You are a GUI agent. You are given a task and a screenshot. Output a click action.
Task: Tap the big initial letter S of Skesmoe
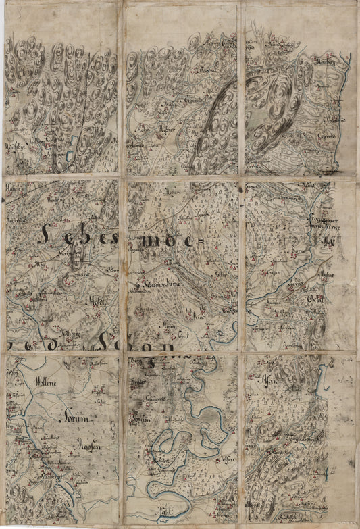click(x=44, y=235)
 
